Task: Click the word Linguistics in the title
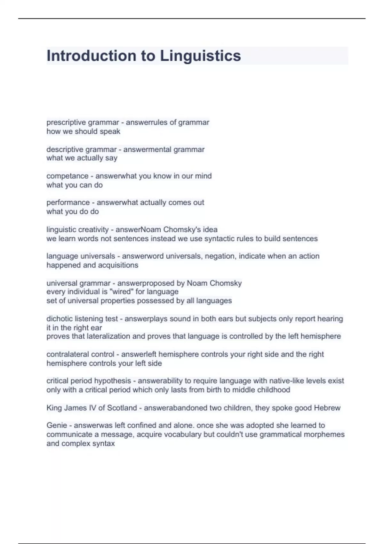pos(200,56)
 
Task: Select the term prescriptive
pos(66,123)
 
